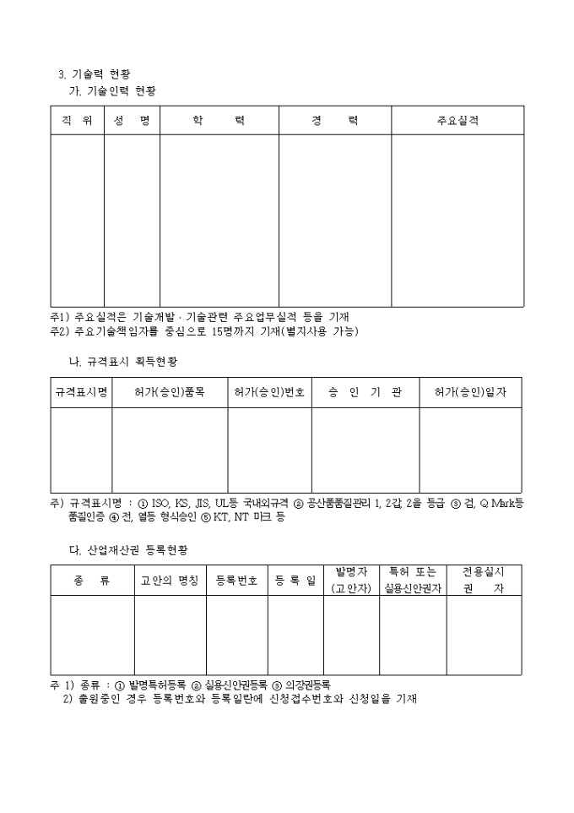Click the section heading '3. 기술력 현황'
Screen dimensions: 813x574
pyautogui.click(x=94, y=74)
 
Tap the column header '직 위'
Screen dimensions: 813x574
pyautogui.click(x=77, y=121)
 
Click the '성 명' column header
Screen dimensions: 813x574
pyautogui.click(x=132, y=121)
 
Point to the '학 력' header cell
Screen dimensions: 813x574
pyautogui.click(x=219, y=121)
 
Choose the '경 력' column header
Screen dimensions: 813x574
pyautogui.click(x=334, y=121)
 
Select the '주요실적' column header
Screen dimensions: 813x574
pyautogui.click(x=458, y=121)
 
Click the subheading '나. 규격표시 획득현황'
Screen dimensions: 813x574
pyautogui.click(x=122, y=361)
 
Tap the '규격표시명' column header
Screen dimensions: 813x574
pyautogui.click(x=81, y=393)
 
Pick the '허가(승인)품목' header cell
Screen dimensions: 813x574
pyautogui.click(x=170, y=393)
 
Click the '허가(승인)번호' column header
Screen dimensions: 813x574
pyautogui.click(x=269, y=393)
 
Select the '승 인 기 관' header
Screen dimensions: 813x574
pyautogui.click(x=365, y=393)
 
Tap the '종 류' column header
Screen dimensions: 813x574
pyautogui.click(x=92, y=581)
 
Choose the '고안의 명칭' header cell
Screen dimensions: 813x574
pyautogui.click(x=170, y=581)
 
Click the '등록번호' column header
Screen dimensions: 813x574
pyautogui.click(x=237, y=581)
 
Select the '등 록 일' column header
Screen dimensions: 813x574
pyautogui.click(x=295, y=581)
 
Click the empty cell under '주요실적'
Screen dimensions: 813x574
pyautogui.click(x=458, y=221)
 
